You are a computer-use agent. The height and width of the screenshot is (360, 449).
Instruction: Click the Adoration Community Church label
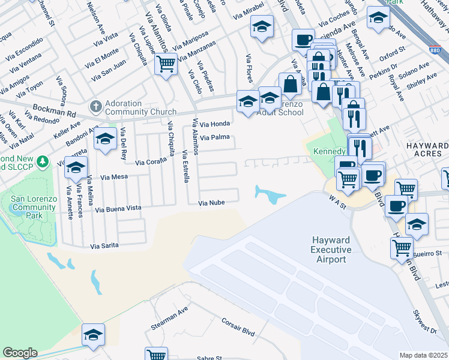coord(140,107)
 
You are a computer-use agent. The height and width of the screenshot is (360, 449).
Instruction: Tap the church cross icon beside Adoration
coord(95,107)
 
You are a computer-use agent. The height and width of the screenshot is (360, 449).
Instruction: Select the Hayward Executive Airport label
coord(329,249)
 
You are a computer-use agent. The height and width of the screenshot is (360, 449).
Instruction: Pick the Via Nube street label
coord(211,203)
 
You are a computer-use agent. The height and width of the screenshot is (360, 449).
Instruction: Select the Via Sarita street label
coord(104,245)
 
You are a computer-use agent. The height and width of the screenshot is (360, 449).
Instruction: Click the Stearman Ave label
coord(169,312)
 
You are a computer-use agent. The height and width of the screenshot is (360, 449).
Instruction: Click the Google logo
coord(20,353)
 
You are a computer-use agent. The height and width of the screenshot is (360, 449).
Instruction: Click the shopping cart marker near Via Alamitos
coord(166,63)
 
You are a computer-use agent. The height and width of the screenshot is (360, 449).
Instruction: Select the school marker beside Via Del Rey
coord(105,140)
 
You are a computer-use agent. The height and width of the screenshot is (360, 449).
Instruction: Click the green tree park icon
coord(42,161)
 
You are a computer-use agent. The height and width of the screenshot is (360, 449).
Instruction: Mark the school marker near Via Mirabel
coord(262,26)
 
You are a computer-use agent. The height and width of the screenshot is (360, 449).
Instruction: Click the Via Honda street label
coord(214,124)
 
